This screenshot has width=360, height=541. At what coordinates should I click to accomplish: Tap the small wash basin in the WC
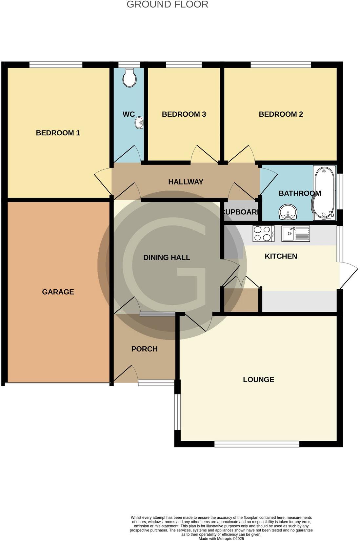coord(140,123)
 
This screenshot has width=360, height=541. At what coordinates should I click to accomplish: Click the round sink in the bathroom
coord(288,212)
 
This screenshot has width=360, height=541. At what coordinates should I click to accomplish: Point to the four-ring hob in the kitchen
coord(263,234)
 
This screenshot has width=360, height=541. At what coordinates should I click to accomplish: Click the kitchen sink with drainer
coord(296,234)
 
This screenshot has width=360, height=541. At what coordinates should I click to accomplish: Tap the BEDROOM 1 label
coord(58,133)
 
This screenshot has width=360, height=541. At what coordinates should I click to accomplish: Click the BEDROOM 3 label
coord(184,114)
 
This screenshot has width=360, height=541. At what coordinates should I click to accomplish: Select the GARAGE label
coord(58,292)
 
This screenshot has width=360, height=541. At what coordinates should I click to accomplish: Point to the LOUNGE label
coord(258,379)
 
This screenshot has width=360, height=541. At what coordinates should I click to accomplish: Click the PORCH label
coord(144,349)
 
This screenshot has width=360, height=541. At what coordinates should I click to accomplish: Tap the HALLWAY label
coord(186,182)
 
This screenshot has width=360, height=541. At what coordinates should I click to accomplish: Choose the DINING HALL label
coord(167,258)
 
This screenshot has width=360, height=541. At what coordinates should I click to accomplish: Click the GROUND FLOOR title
coord(167,5)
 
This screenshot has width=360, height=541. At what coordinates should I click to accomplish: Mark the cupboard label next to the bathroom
coord(241,212)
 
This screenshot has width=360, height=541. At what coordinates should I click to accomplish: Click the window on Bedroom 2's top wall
coord(281,65)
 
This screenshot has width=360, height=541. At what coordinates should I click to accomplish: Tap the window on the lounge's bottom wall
coord(257,444)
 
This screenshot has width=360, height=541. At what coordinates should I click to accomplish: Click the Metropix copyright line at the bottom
coord(221,538)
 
